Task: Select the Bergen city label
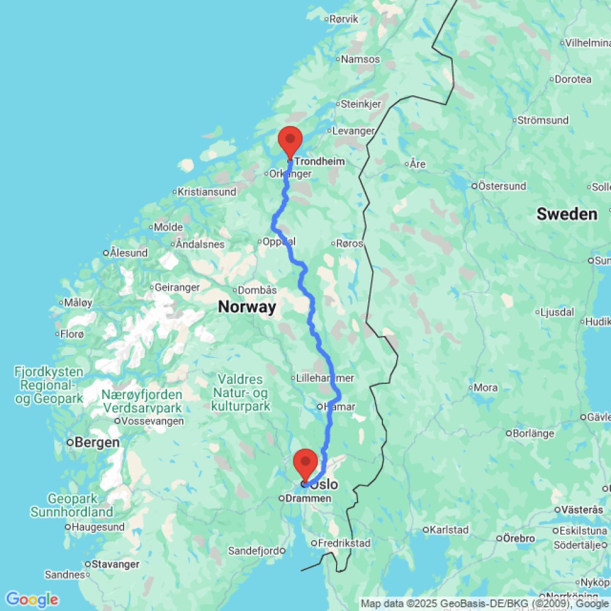point(98,442)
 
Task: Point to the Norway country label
point(247,307)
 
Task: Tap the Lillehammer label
point(324,378)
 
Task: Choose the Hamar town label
point(340,406)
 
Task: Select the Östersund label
point(502,185)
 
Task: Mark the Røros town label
point(350,243)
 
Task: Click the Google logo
point(32,599)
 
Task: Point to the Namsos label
point(360,59)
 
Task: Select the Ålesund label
point(128,252)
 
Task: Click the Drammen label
point(309,499)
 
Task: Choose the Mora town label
point(486,387)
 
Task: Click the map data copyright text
point(485,604)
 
